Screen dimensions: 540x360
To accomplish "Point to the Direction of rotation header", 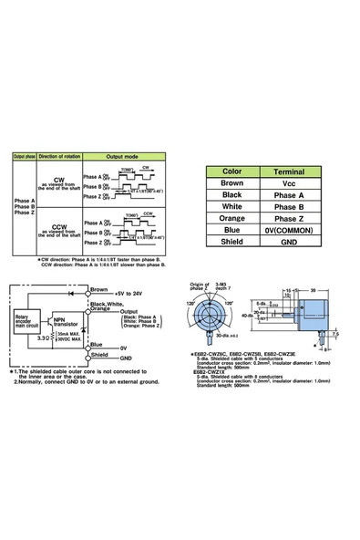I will (61, 157).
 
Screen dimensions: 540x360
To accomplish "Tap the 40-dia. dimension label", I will (252, 314).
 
